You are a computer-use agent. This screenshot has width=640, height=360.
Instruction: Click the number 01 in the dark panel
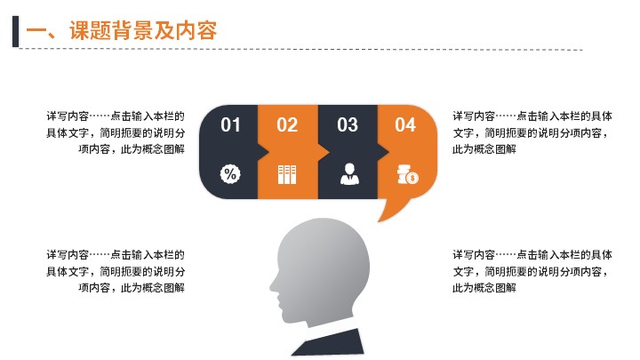[230, 125]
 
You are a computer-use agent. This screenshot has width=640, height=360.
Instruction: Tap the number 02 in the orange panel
[287, 125]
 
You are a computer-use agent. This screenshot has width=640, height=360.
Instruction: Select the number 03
[348, 125]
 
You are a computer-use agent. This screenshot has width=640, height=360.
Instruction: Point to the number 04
[405, 125]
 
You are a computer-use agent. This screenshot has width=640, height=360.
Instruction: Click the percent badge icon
[230, 174]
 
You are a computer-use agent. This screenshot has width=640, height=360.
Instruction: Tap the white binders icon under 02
[287, 175]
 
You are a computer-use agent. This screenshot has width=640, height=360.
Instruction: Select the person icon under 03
[349, 174]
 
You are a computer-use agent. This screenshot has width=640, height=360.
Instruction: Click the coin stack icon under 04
[408, 175]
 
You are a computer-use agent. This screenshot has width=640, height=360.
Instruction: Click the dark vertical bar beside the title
[15, 31]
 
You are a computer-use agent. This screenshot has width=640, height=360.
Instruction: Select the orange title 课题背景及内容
[143, 30]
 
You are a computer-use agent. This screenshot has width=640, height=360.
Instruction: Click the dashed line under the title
[300, 50]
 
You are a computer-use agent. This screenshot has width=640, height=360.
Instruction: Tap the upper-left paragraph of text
[116, 132]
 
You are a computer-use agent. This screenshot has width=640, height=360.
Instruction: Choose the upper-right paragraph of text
[532, 132]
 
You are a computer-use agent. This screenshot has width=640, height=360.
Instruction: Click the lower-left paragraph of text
[116, 271]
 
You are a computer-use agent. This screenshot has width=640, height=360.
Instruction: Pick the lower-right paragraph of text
[532, 271]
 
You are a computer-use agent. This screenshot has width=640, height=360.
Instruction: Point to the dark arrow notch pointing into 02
[263, 152]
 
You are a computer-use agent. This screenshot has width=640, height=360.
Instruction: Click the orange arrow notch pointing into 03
[324, 152]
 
